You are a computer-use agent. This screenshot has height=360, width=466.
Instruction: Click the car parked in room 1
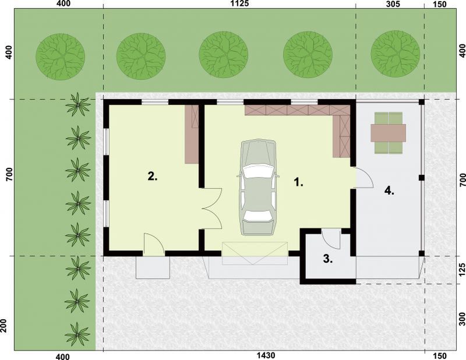click(x=257, y=188)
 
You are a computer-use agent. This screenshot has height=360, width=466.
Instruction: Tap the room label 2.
click(x=153, y=177)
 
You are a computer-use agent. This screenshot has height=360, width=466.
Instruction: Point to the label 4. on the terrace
click(x=389, y=190)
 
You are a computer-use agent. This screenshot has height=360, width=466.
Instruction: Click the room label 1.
click(x=298, y=182)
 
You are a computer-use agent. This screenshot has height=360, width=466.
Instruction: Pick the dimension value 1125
click(x=239, y=3)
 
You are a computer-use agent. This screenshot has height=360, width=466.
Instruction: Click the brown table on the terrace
click(x=388, y=133)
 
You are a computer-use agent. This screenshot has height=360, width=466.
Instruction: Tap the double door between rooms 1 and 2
click(x=211, y=209)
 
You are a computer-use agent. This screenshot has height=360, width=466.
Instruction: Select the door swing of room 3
click(x=331, y=239)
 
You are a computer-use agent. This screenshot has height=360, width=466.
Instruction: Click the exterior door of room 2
click(x=154, y=244)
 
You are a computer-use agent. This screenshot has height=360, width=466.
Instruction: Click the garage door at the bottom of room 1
click(x=255, y=253)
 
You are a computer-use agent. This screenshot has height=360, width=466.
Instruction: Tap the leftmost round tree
click(x=61, y=57)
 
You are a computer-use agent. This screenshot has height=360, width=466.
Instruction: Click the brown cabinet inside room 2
click(x=192, y=134)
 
